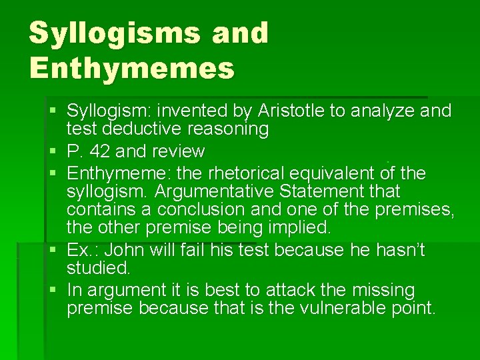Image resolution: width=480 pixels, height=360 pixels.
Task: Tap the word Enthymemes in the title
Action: (x=131, y=67)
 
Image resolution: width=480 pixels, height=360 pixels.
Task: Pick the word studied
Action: (x=99, y=269)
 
